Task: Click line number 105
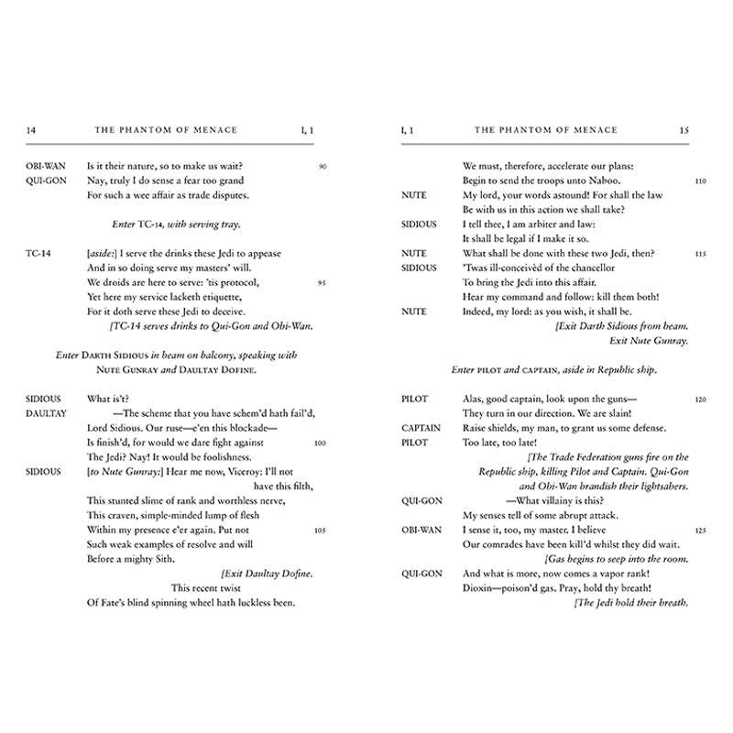pyautogui.click(x=321, y=530)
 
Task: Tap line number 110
pyautogui.click(x=699, y=181)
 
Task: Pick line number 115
pyautogui.click(x=699, y=254)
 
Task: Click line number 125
pyautogui.click(x=699, y=530)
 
